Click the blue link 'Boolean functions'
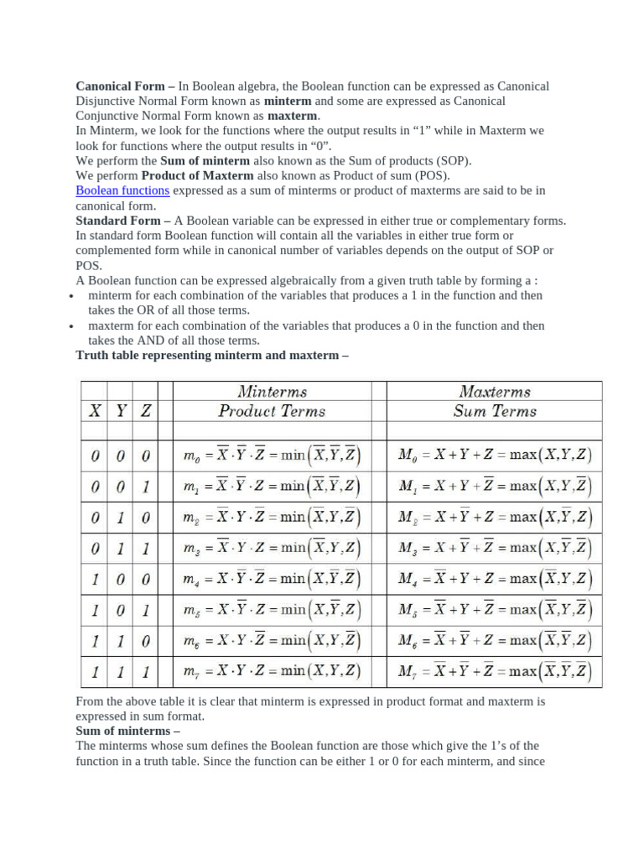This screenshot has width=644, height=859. pyautogui.click(x=122, y=190)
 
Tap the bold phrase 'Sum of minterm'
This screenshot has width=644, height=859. pyautogui.click(x=205, y=161)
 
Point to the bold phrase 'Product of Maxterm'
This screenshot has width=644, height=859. pyautogui.click(x=197, y=175)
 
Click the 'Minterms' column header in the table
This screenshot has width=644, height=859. pyautogui.click(x=272, y=392)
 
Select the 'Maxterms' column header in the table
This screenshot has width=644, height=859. pyautogui.click(x=495, y=392)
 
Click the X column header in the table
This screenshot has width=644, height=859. pyautogui.click(x=96, y=411)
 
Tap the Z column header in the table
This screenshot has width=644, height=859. pyautogui.click(x=146, y=411)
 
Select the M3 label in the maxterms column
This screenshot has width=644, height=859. pyautogui.click(x=408, y=549)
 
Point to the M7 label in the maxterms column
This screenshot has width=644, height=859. pyautogui.click(x=408, y=672)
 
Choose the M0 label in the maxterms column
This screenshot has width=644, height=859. pyautogui.click(x=408, y=457)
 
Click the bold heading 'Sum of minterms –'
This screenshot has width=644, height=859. pyautogui.click(x=122, y=731)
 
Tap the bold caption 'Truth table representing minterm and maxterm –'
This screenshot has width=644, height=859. pyautogui.click(x=211, y=355)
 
